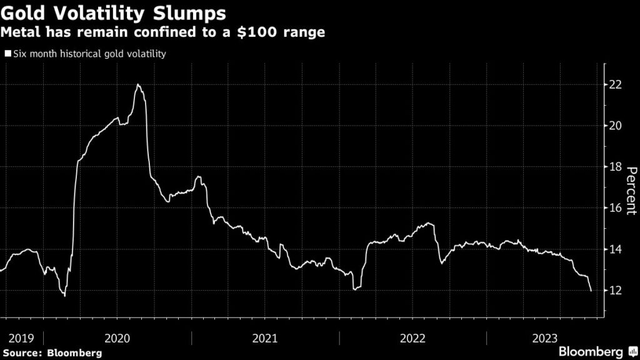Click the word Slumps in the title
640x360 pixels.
pyautogui.click(x=184, y=12)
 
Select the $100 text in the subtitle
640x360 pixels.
pyautogui.click(x=265, y=32)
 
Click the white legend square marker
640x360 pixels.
pyautogui.click(x=8, y=54)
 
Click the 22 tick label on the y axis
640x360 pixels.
pyautogui.click(x=616, y=84)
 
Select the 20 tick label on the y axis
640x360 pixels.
pyautogui.click(x=616, y=126)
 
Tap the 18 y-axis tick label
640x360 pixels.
pyautogui.click(x=616, y=167)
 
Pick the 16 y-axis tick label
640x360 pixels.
pyautogui.click(x=616, y=208)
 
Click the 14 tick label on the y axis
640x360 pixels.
pyautogui.click(x=616, y=249)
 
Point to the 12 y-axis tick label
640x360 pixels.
pyautogui.click(x=616, y=291)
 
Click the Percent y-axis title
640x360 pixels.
pyautogui.click(x=631, y=191)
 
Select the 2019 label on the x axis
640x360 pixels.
pyautogui.click(x=22, y=338)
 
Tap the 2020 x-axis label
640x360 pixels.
pyautogui.click(x=117, y=338)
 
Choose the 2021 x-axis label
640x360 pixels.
pyautogui.click(x=265, y=338)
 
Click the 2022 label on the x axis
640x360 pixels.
pyautogui.click(x=412, y=338)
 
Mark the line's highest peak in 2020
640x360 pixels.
pyautogui.click(x=137, y=84)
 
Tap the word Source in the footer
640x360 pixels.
pyautogui.click(x=22, y=352)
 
